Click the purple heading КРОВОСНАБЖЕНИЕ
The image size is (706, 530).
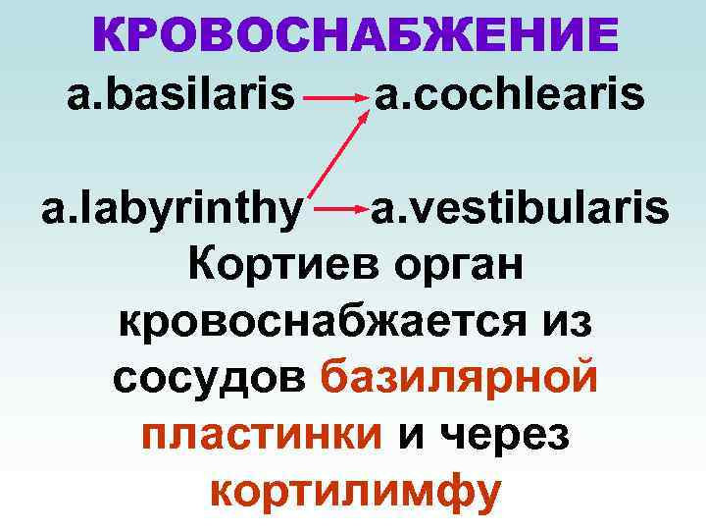[356, 36]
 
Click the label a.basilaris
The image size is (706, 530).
[181, 96]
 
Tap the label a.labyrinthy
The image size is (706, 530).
[171, 210]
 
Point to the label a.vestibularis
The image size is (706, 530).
[520, 208]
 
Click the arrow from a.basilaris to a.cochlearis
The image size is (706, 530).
[335, 98]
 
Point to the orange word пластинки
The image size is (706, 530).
[261, 434]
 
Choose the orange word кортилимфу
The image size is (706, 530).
[356, 491]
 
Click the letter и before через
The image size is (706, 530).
[413, 435]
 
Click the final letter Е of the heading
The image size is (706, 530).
[600, 36]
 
